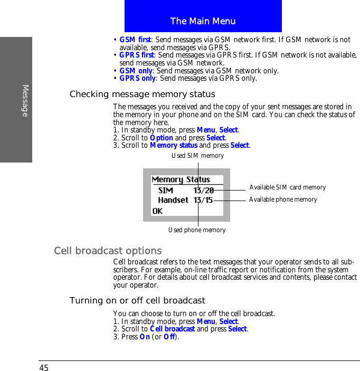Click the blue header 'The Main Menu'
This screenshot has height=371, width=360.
[x=203, y=21]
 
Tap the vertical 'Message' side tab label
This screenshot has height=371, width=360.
[x=25, y=100]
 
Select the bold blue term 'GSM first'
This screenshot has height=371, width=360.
[x=135, y=40]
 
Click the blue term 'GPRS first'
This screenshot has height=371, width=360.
[x=137, y=55]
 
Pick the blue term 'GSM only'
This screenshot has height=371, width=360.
[x=135, y=71]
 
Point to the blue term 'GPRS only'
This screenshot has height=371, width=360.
[x=137, y=78]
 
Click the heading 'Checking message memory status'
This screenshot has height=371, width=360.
[x=143, y=94]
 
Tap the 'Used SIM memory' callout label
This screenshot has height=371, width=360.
[x=197, y=156]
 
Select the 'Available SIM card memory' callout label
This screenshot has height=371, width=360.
[x=287, y=187]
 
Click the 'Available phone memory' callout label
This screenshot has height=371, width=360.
[x=283, y=199]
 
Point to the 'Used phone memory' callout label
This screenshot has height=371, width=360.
[x=197, y=230]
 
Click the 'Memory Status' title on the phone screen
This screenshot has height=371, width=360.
[x=181, y=179]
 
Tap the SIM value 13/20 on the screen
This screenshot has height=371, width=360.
[x=203, y=190]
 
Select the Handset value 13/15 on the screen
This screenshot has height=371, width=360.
[x=203, y=200]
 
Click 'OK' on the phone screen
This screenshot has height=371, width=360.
[x=157, y=211]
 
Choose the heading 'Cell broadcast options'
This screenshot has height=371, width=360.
[x=108, y=251]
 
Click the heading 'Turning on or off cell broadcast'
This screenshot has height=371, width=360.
[x=137, y=301]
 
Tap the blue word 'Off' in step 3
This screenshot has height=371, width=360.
[x=169, y=337]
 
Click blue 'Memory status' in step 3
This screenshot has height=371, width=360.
[x=174, y=145]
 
